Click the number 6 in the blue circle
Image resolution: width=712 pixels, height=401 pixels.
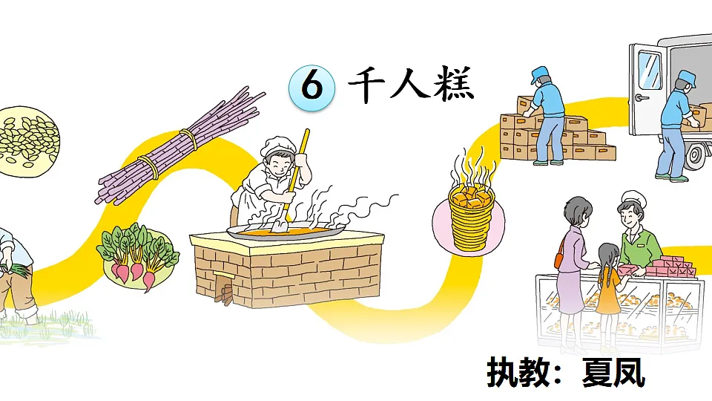pos(312,87)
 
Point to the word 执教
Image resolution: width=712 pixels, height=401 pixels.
pos(516,372)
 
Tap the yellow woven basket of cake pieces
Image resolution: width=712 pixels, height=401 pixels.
pos(469,215)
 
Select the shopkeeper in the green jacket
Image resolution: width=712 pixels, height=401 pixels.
pos(636,230)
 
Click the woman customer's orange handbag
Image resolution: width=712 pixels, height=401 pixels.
pos(558,260)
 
